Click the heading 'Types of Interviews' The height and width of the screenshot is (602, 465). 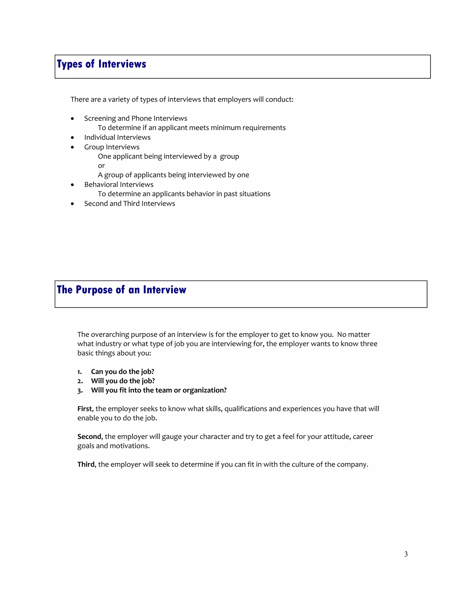(x=101, y=64)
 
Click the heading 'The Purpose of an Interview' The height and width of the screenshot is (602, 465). (x=121, y=290)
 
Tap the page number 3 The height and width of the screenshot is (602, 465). (x=406, y=554)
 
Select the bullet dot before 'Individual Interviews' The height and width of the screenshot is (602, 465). (x=72, y=137)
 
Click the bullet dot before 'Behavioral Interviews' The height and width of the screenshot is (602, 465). (x=72, y=185)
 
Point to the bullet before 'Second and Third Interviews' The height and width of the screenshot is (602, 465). (x=72, y=204)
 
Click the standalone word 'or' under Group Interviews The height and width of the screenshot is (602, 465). (x=101, y=166)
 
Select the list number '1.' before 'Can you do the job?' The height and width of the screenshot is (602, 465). (x=80, y=372)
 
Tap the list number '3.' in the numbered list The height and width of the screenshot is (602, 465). (x=80, y=391)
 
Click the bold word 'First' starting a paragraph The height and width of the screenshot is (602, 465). (x=84, y=409)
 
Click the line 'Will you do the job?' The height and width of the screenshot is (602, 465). (x=123, y=381)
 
